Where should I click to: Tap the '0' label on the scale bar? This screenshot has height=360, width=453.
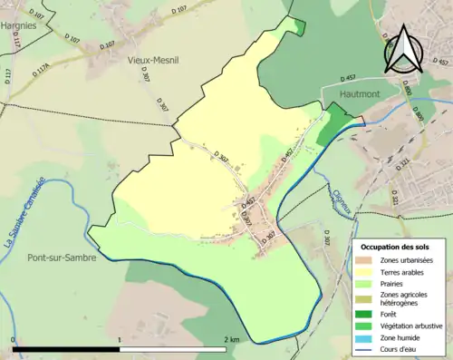point(14,339)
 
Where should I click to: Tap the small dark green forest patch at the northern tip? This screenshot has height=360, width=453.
point(299,28)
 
